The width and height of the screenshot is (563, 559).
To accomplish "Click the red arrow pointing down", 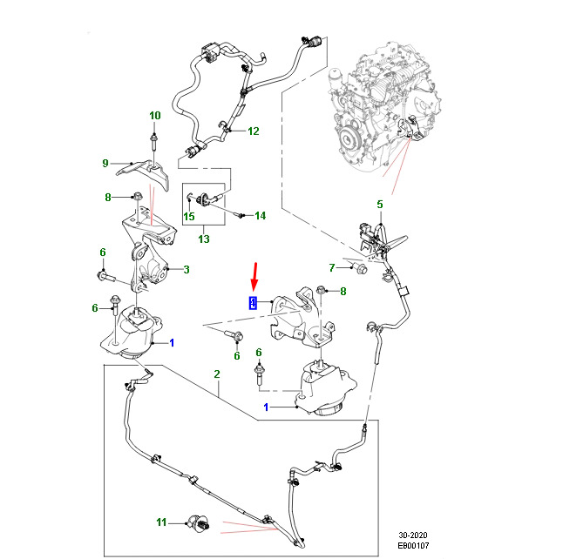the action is (x=255, y=276).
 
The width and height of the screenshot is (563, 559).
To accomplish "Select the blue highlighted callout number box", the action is (x=253, y=303).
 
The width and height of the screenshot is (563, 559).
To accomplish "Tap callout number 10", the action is (x=155, y=116).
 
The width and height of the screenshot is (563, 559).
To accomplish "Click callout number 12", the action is (x=253, y=131).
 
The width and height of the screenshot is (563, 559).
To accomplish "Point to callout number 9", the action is (x=105, y=163).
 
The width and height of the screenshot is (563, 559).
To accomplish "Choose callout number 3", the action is (x=187, y=269).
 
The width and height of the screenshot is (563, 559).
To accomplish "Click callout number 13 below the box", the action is (x=204, y=239).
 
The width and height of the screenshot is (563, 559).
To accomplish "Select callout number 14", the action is (x=261, y=216).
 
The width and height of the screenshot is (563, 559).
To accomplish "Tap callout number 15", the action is (x=189, y=216).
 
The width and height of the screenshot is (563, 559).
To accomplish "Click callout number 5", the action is (x=380, y=205).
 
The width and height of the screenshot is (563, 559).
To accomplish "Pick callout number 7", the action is (x=332, y=267).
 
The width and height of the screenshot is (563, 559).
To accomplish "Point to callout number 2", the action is (x=216, y=374).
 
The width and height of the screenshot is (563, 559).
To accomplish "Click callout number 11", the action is (x=161, y=522).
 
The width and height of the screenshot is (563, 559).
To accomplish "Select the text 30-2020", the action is (x=413, y=535).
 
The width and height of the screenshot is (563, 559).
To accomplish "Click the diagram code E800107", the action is (x=413, y=546).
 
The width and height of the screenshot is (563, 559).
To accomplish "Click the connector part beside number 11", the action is (x=200, y=522).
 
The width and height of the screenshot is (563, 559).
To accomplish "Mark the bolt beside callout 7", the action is (x=359, y=267).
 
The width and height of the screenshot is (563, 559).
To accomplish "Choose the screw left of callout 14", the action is (x=238, y=215).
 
